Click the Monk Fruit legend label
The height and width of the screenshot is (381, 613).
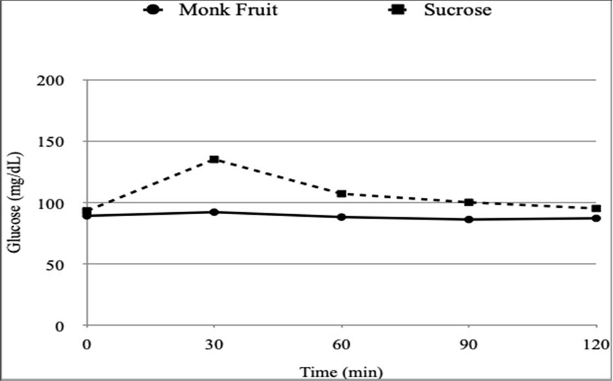tap(228, 10)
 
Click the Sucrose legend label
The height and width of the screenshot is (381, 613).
tap(457, 10)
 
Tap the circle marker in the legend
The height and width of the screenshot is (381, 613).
tap(152, 10)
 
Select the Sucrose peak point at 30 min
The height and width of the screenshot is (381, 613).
tap(214, 159)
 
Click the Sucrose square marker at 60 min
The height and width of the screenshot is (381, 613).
tap(341, 193)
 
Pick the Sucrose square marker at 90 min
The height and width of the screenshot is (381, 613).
tap(468, 202)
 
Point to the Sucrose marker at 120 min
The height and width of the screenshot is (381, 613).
tap(595, 208)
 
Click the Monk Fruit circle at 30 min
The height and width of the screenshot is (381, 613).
tap(214, 212)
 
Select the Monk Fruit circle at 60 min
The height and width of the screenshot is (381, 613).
tap(341, 217)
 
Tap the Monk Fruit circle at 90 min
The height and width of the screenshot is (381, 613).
tap(468, 219)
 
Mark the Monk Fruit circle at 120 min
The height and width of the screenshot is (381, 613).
tap(595, 218)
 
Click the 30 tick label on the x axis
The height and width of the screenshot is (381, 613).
tap(214, 343)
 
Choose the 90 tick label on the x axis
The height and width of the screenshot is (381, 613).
tap(468, 343)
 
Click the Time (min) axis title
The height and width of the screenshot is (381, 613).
tap(341, 372)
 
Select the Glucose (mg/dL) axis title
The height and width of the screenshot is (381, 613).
tap(14, 203)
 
